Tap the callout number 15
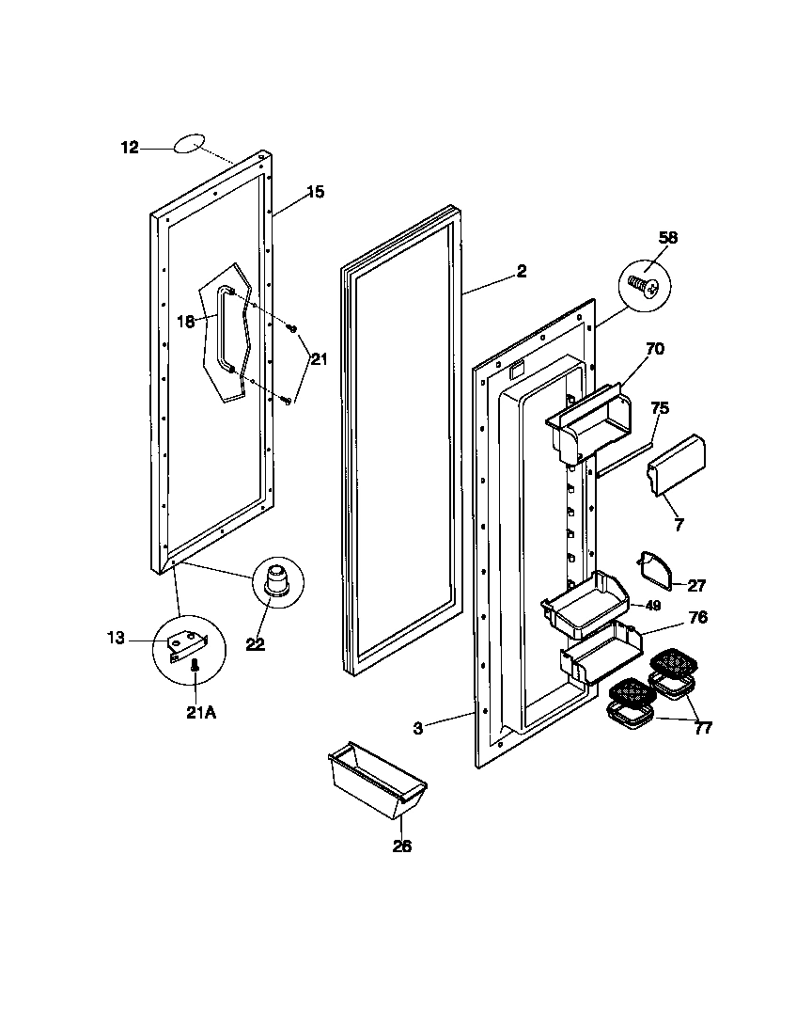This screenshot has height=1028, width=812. (x=315, y=192)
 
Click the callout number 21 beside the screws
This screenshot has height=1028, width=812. (x=320, y=358)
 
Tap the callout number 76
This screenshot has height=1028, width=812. (x=697, y=618)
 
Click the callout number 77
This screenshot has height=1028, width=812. (x=702, y=727)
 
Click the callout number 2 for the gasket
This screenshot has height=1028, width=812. (x=521, y=272)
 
